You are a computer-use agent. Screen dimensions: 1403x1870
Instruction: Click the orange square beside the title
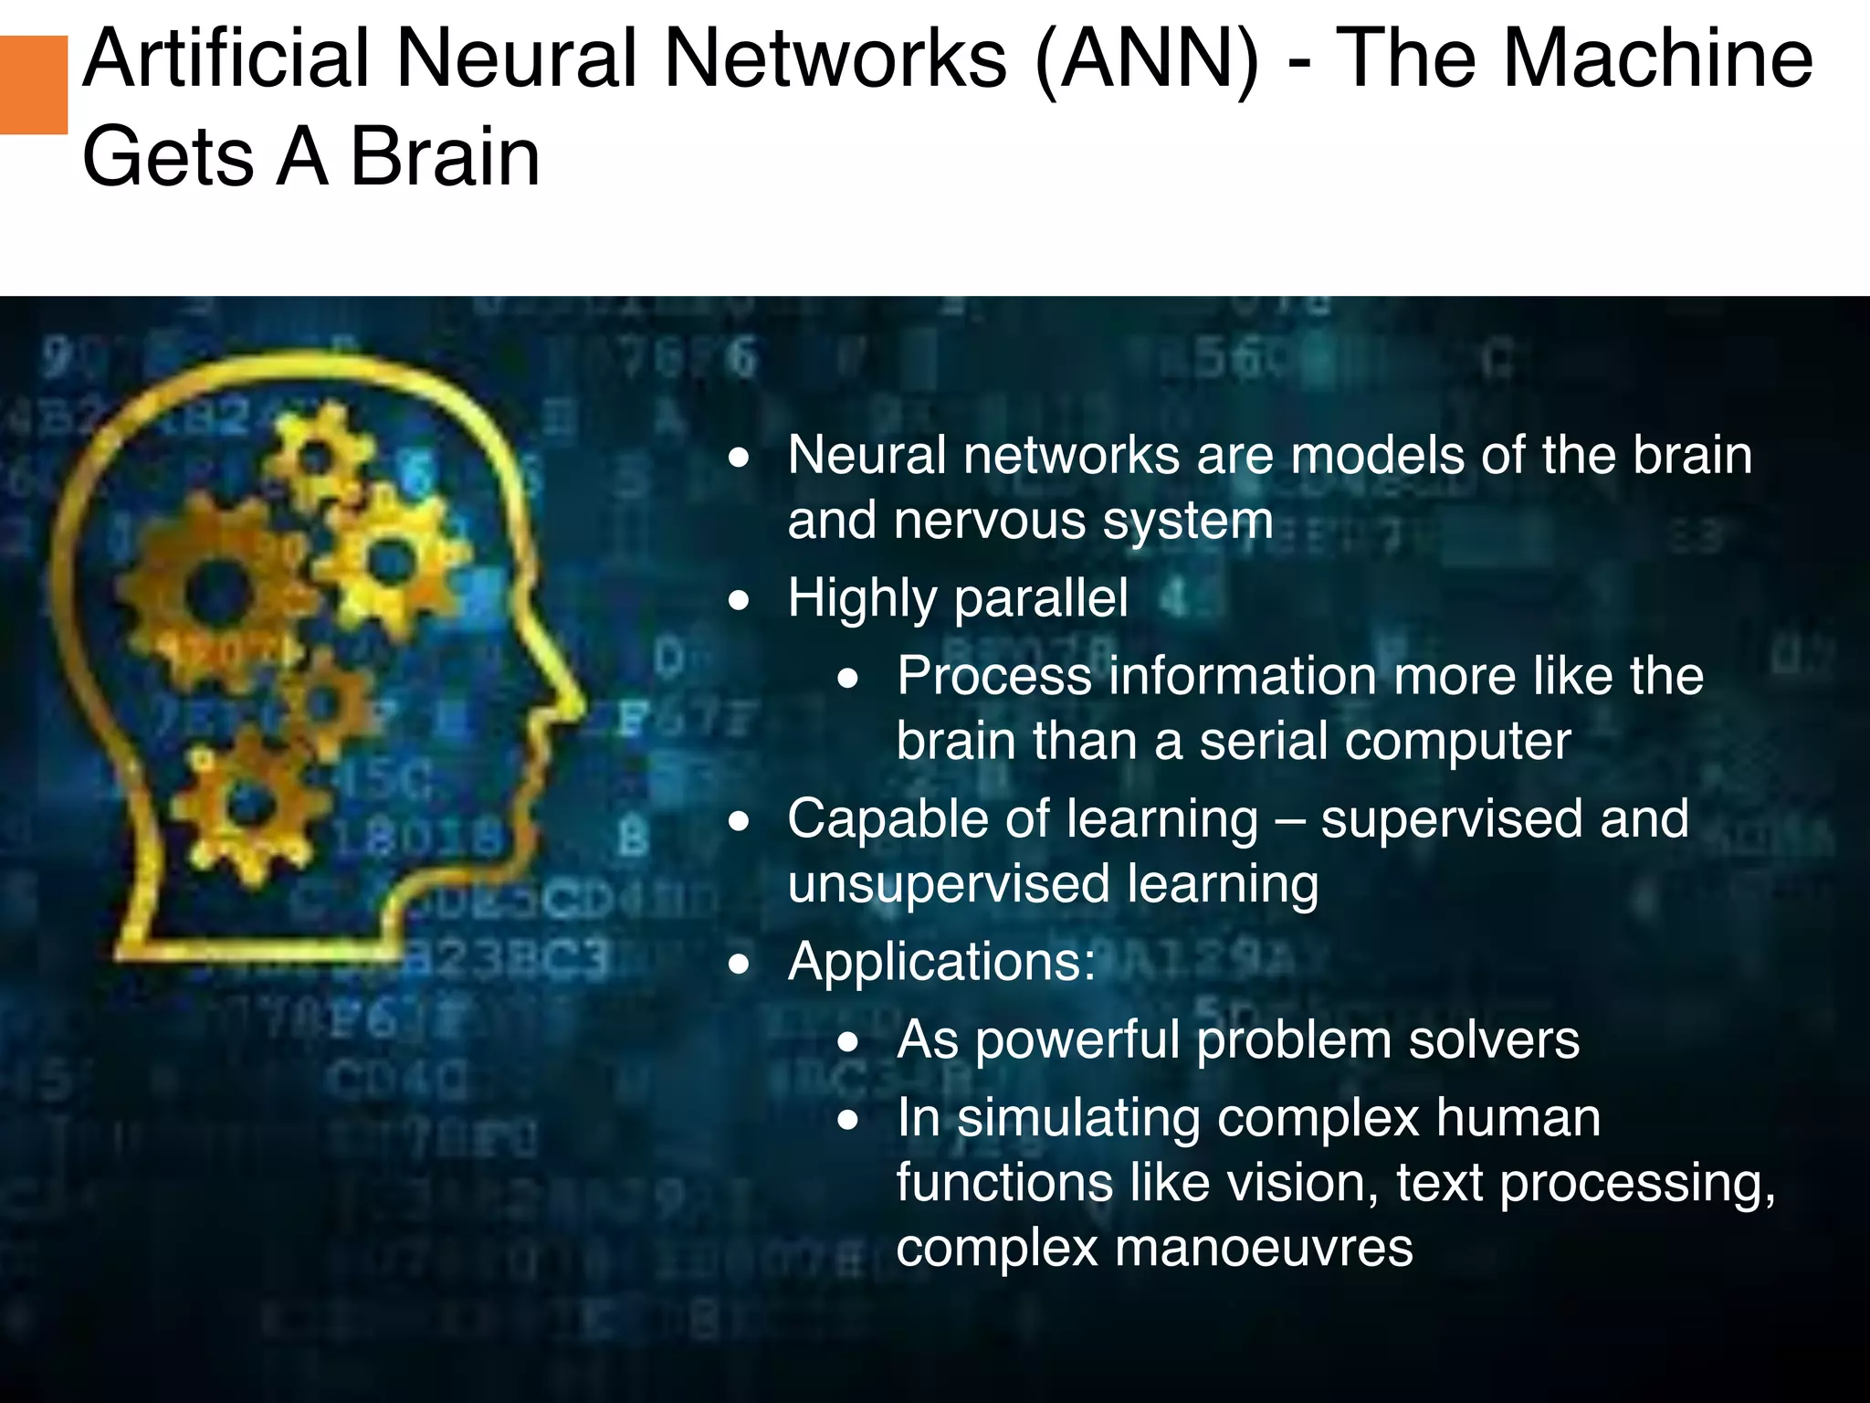[33, 85]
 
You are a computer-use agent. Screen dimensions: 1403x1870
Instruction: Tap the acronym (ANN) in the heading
[1147, 61]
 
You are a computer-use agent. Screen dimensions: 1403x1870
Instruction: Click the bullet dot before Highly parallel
[740, 600]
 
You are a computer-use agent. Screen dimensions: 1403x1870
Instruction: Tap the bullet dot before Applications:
[740, 963]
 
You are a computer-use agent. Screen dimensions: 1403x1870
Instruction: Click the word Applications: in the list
[941, 962]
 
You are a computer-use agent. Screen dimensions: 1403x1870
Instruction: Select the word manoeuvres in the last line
[1154, 1248]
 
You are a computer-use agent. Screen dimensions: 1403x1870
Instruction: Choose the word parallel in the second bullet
[1041, 599]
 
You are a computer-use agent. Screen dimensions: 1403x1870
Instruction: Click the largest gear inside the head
[216, 592]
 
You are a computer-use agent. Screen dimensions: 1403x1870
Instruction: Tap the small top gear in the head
[317, 454]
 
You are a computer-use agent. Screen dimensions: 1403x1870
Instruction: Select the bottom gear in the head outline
[251, 804]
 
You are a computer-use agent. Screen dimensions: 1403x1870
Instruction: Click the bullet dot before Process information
[849, 678]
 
